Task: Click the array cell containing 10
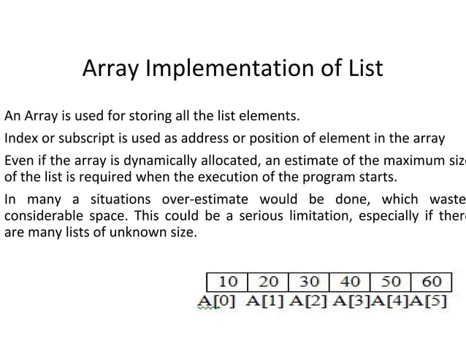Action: click(228, 282)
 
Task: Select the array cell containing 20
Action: click(269, 282)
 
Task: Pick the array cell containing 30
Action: click(310, 282)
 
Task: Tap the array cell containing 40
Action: click(351, 282)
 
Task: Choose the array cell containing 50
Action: click(391, 282)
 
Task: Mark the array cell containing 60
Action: click(432, 282)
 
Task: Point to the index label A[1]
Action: click(266, 300)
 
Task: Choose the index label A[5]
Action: click(431, 300)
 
